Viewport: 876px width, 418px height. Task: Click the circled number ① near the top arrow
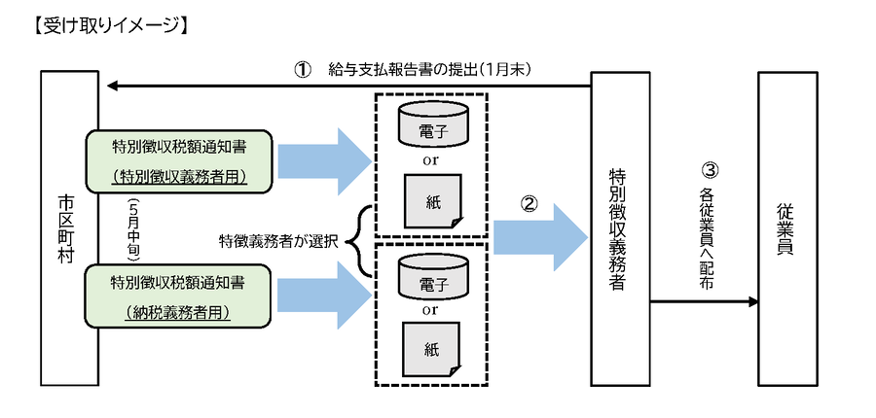click(x=303, y=70)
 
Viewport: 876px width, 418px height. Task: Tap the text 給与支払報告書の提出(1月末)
click(x=428, y=70)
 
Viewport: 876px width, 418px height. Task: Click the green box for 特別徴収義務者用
click(x=178, y=161)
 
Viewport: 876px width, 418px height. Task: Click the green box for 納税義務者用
click(x=178, y=296)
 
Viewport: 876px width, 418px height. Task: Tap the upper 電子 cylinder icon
click(x=432, y=123)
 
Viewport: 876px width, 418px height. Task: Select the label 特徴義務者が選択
click(x=278, y=240)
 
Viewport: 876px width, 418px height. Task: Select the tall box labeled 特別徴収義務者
click(x=621, y=228)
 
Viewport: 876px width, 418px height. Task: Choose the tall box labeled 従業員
click(x=786, y=228)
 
